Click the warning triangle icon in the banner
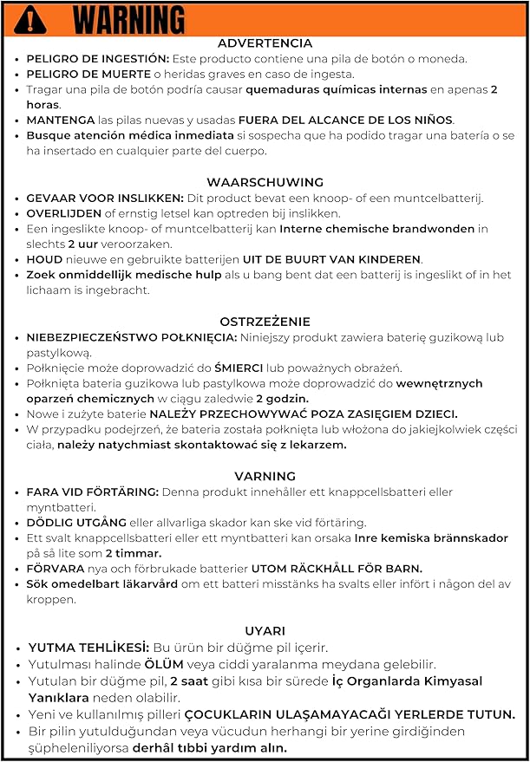(x=31, y=18)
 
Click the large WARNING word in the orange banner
(x=128, y=19)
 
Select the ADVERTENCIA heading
(x=265, y=43)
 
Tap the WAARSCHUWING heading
(x=265, y=182)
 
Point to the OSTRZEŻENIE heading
(x=265, y=321)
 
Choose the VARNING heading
(x=265, y=476)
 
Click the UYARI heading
(x=265, y=631)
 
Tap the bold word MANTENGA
(x=59, y=120)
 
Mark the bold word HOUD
(x=43, y=260)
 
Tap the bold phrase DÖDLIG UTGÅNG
(x=75, y=523)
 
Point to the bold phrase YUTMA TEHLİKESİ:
(x=88, y=648)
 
